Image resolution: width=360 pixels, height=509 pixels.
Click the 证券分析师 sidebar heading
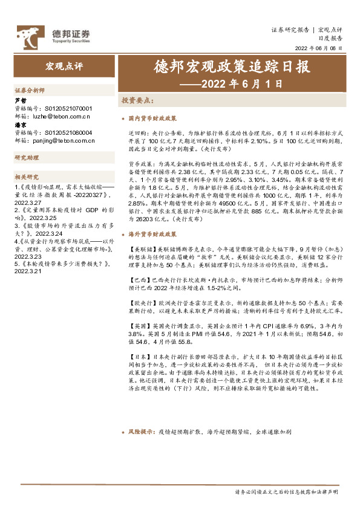tap(30, 89)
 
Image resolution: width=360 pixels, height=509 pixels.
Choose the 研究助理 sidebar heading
tap(27, 158)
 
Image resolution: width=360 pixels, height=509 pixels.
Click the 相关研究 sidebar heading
tap(27, 177)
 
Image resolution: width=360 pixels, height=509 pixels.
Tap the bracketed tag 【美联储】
tap(140, 248)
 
